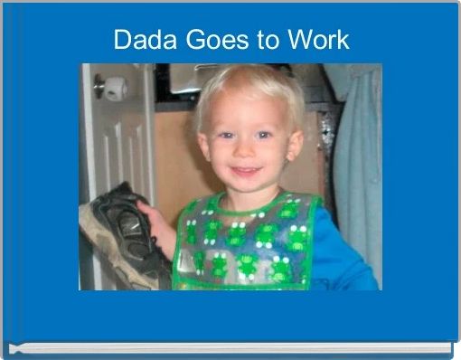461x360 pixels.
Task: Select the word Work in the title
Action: [317, 41]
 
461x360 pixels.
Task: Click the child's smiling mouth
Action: [245, 171]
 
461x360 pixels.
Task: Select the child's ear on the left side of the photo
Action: [201, 145]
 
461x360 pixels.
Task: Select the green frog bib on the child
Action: [244, 244]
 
